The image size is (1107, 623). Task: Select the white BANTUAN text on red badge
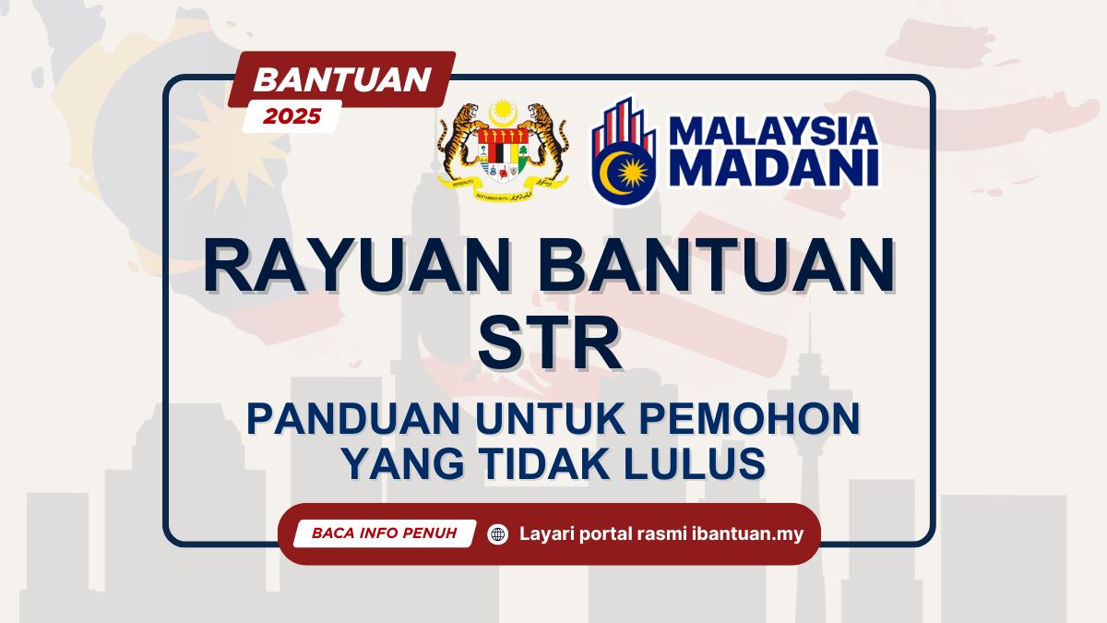click(x=342, y=79)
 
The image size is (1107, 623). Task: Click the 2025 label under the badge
click(x=292, y=116)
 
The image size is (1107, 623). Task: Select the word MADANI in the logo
click(x=773, y=170)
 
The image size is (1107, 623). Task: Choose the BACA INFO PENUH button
click(x=384, y=533)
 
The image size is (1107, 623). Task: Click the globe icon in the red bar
click(x=498, y=533)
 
